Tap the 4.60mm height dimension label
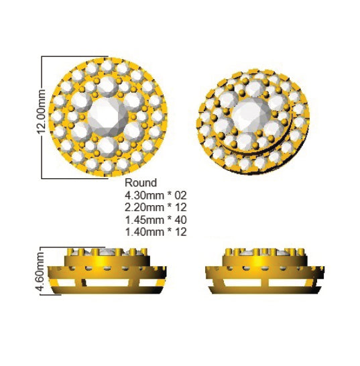pyautogui.click(x=40, y=271)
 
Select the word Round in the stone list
pyautogui.click(x=141, y=183)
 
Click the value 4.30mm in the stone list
pyautogui.click(x=144, y=195)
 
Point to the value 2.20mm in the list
pyautogui.click(x=144, y=208)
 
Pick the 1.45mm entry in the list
pyautogui.click(x=144, y=220)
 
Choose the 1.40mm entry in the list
pyautogui.click(x=144, y=232)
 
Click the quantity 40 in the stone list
pyautogui.click(x=180, y=220)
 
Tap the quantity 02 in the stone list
pyautogui.click(x=180, y=195)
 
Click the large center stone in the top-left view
pyautogui.click(x=108, y=117)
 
